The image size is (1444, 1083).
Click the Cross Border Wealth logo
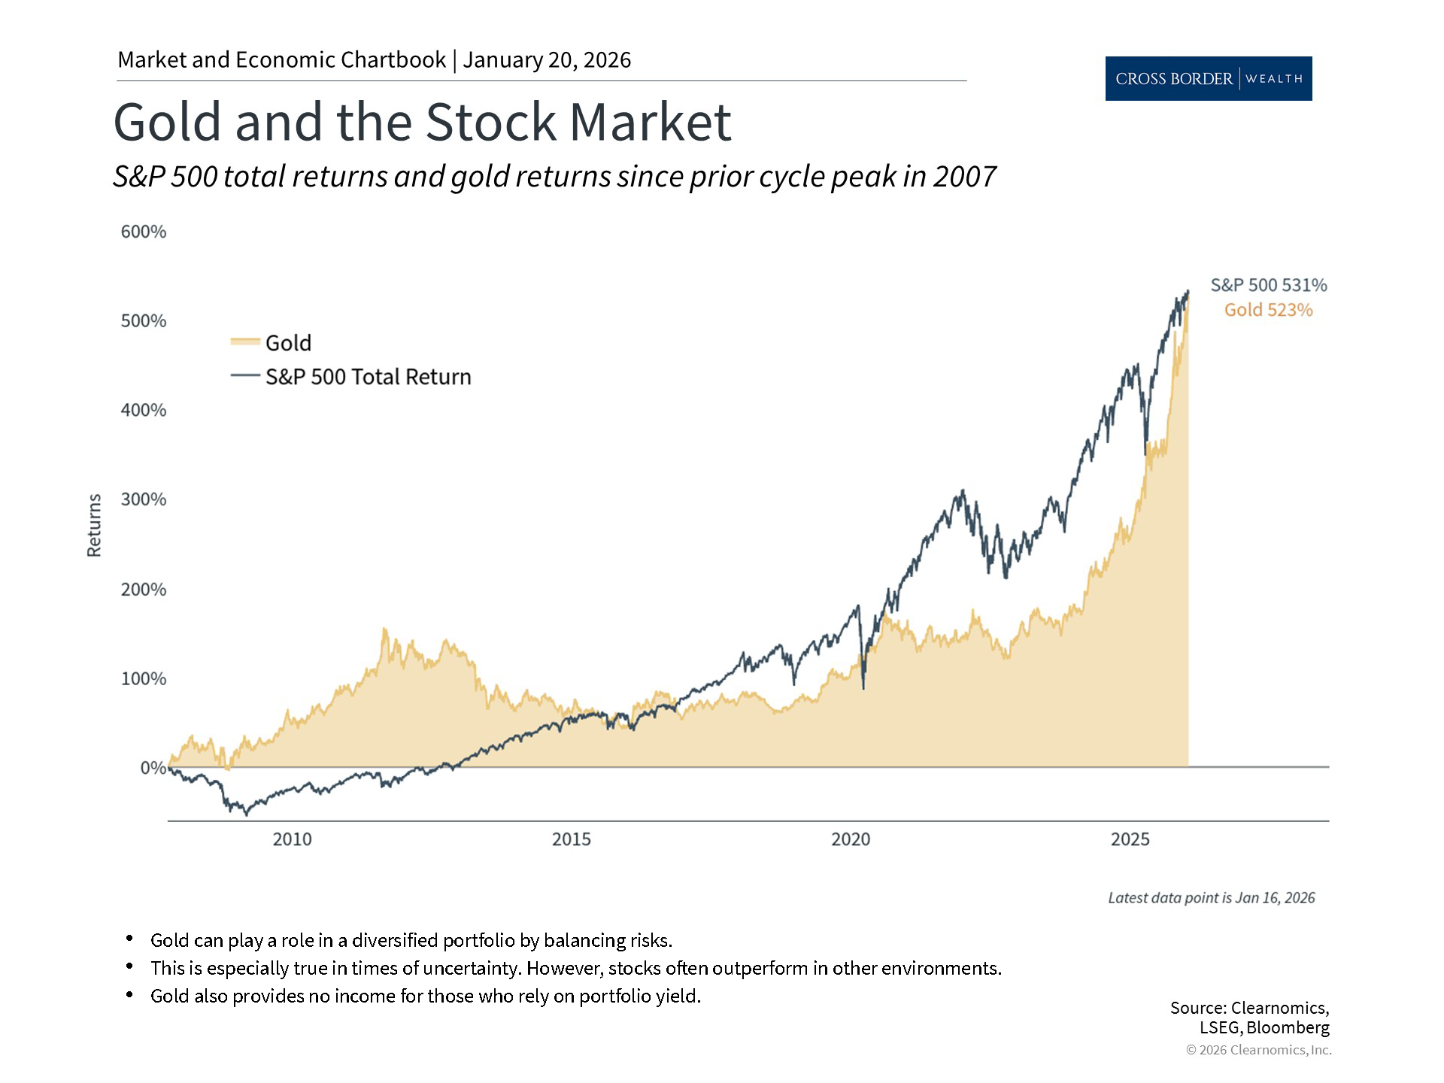coord(1208,78)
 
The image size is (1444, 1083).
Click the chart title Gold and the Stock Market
coord(421,122)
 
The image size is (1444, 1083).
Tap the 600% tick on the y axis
coord(143,232)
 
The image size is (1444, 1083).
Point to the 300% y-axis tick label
coord(143,499)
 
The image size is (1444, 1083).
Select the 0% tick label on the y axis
coord(153,768)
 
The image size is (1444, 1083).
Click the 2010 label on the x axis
coord(292,839)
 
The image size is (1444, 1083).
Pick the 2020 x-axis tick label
coord(851,839)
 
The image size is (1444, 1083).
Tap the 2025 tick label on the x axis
coord(1130,839)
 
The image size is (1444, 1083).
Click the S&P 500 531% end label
coord(1268,285)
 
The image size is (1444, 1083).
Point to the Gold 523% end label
coord(1268,310)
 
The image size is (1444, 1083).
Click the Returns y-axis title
coord(94,525)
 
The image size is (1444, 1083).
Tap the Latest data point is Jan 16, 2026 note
coord(1211,898)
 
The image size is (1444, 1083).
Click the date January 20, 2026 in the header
coord(547,60)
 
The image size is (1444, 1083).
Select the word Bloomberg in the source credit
coord(1288,1027)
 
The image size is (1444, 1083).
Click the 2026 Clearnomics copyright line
coord(1258,1050)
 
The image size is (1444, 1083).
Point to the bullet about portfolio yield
coord(425,996)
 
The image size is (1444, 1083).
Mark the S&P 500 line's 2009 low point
coord(245,815)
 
